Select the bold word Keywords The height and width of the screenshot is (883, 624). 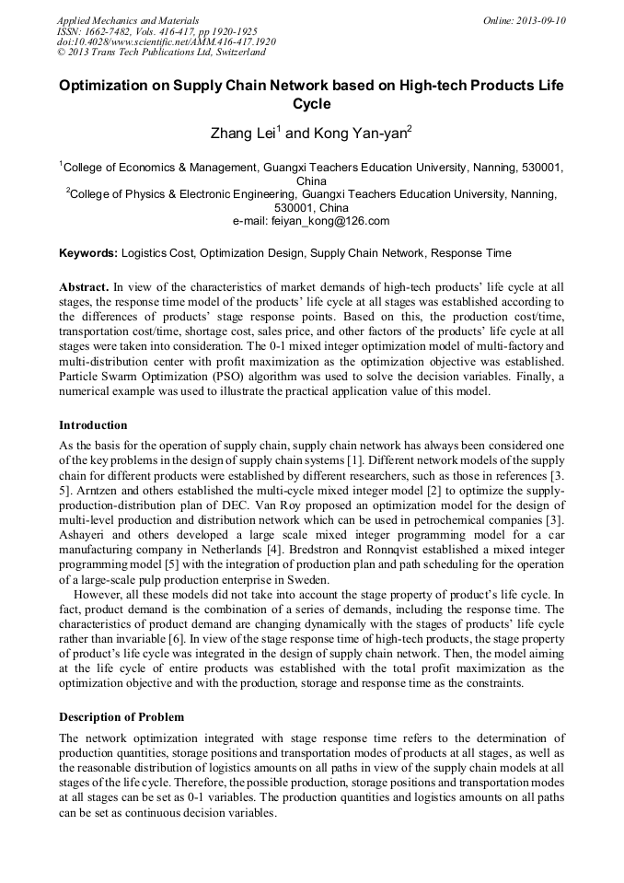point(87,252)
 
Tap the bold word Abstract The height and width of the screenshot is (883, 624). point(86,286)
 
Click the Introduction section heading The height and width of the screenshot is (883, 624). point(93,425)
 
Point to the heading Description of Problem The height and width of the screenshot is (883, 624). point(121,717)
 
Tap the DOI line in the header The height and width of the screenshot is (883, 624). point(166,41)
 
